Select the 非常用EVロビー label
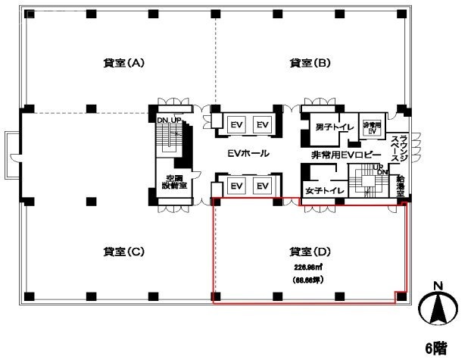[341, 155]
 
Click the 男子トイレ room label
[330, 127]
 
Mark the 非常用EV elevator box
[371, 128]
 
